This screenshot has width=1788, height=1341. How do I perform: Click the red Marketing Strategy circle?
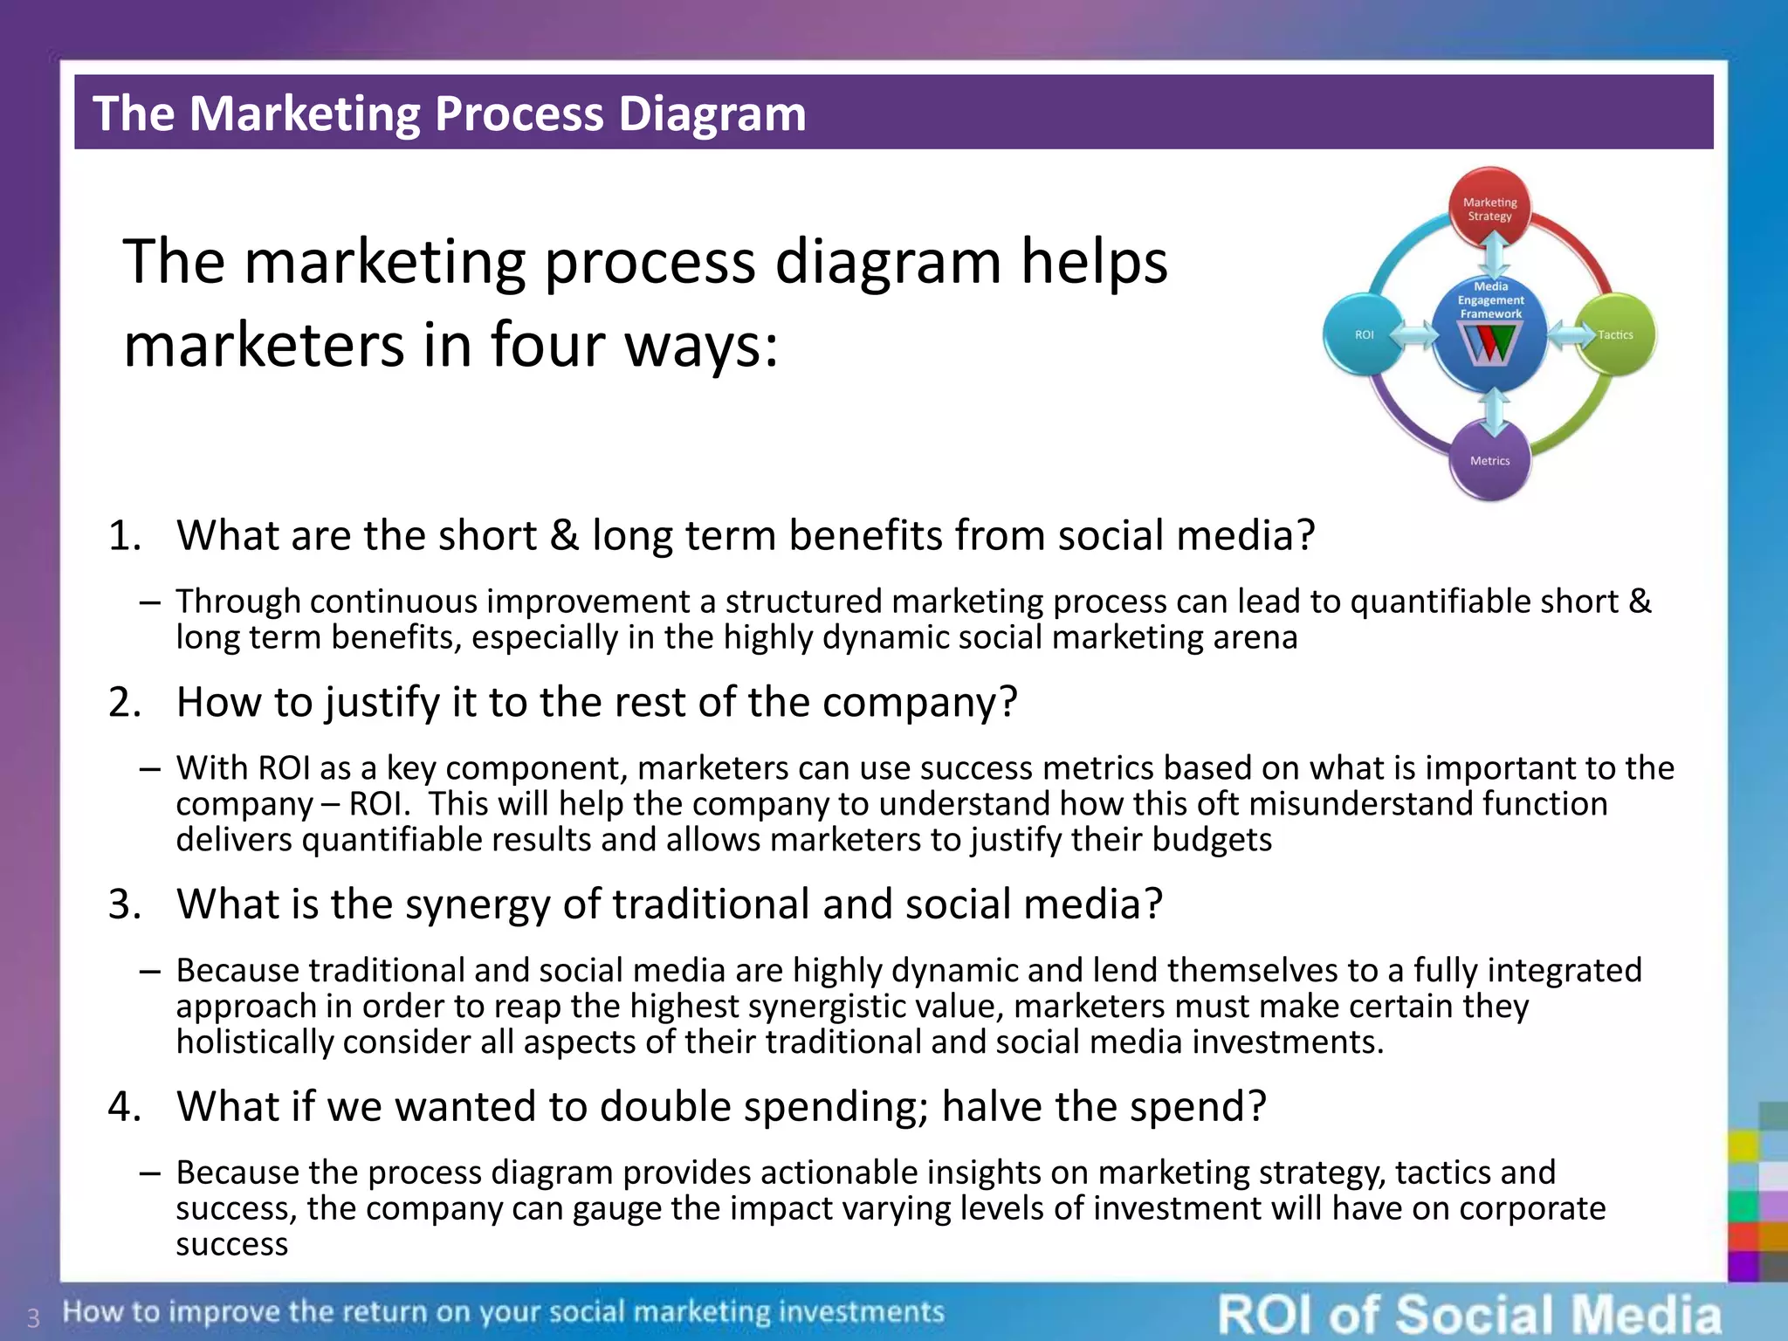(1490, 208)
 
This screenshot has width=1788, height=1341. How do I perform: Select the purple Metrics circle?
(1490, 461)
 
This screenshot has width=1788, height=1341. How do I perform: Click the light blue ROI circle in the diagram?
(1364, 334)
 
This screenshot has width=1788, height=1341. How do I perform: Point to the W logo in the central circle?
(1490, 345)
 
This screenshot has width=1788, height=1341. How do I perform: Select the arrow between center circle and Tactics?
(1571, 334)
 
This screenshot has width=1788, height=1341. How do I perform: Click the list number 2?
(124, 702)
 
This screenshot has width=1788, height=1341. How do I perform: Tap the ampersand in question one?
(564, 535)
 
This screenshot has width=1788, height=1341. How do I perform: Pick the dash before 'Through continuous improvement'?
(149, 602)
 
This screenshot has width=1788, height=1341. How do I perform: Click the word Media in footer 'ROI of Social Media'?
(1646, 1315)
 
